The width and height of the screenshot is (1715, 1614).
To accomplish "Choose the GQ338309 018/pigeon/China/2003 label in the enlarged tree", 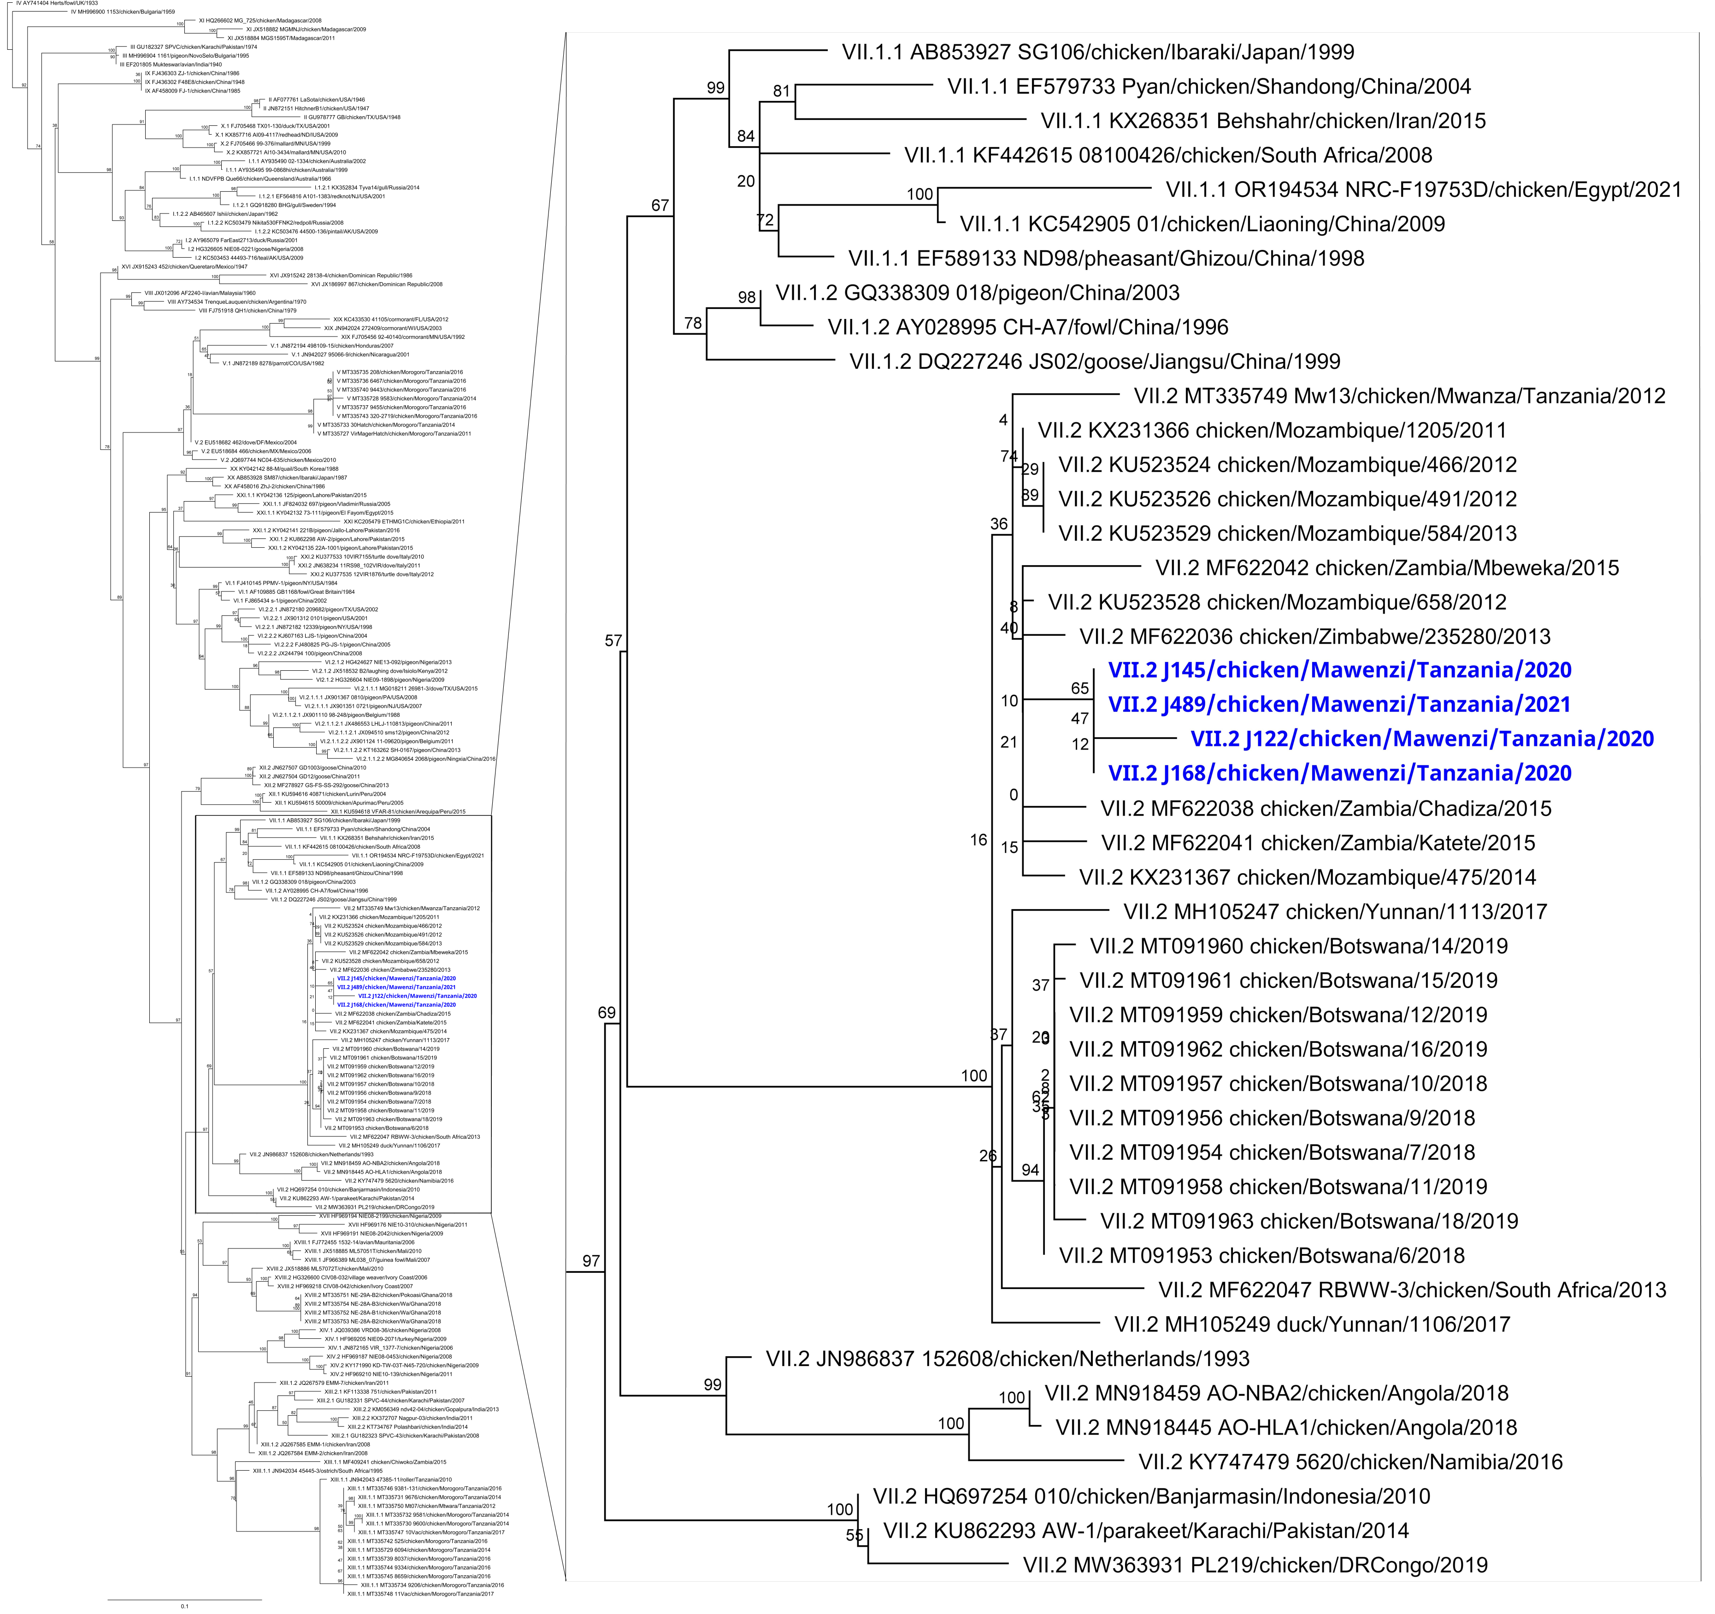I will (978, 293).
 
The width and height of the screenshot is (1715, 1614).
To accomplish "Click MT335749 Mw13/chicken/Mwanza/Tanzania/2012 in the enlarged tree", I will (1399, 396).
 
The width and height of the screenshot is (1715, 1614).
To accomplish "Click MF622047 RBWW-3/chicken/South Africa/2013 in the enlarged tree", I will (1412, 1289).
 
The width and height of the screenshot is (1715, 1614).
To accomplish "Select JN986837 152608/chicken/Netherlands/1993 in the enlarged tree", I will (1008, 1359).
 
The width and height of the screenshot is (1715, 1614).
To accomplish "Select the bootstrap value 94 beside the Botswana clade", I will (1030, 1171).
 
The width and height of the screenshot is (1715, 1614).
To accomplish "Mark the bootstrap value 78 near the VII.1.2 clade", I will (693, 323).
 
